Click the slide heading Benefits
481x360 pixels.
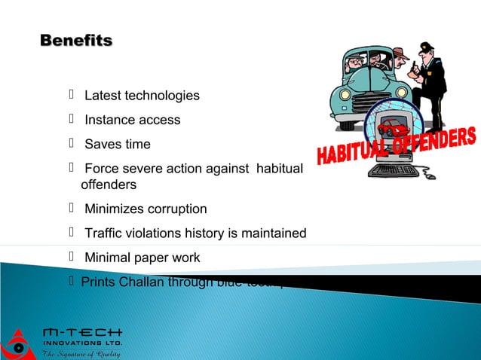[x=75, y=40]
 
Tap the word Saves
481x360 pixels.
[x=100, y=144]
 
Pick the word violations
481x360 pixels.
[x=157, y=233]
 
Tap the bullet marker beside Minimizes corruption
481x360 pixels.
[x=72, y=208]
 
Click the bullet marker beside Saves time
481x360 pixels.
[x=72, y=143]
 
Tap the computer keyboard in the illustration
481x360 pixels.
[x=395, y=170]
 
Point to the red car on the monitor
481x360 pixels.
[x=392, y=129]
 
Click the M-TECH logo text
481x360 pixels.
[x=82, y=332]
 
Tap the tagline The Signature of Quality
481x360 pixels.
[x=81, y=353]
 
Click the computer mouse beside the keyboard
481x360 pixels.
[x=430, y=177]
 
